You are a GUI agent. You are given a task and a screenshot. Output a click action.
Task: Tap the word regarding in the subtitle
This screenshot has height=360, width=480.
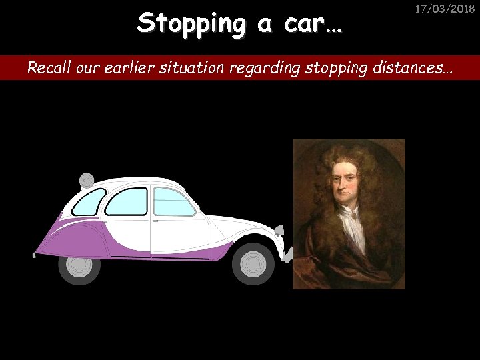pyautogui.click(x=253, y=68)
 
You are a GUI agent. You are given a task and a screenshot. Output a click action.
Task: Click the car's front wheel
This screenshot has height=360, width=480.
pyautogui.click(x=253, y=264)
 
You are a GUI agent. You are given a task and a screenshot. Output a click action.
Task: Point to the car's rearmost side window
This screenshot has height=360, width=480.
pyautogui.click(x=89, y=201)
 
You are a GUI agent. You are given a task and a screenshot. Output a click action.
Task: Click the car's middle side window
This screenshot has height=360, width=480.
pyautogui.click(x=127, y=201)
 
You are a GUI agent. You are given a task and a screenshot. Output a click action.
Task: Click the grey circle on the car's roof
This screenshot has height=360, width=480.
pyautogui.click(x=86, y=179)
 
